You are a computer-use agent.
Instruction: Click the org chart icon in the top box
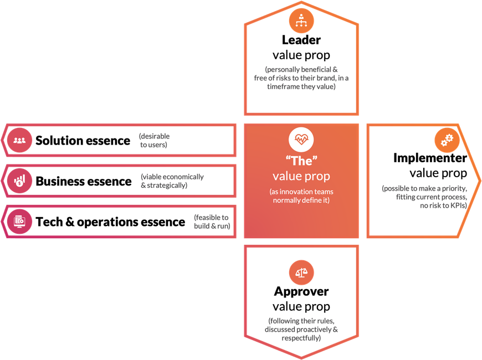(x=301, y=20)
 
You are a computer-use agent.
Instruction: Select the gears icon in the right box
(x=446, y=140)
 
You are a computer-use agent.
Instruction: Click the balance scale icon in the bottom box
(x=301, y=272)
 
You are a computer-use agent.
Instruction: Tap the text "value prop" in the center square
(x=301, y=176)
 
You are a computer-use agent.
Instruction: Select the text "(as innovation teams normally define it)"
(x=301, y=196)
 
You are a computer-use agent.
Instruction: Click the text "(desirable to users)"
(x=154, y=141)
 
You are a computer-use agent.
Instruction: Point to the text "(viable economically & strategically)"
(x=172, y=181)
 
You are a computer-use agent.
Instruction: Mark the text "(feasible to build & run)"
(x=212, y=221)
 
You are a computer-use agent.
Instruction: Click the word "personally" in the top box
(x=285, y=70)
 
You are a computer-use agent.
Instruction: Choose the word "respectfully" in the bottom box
(x=301, y=338)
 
